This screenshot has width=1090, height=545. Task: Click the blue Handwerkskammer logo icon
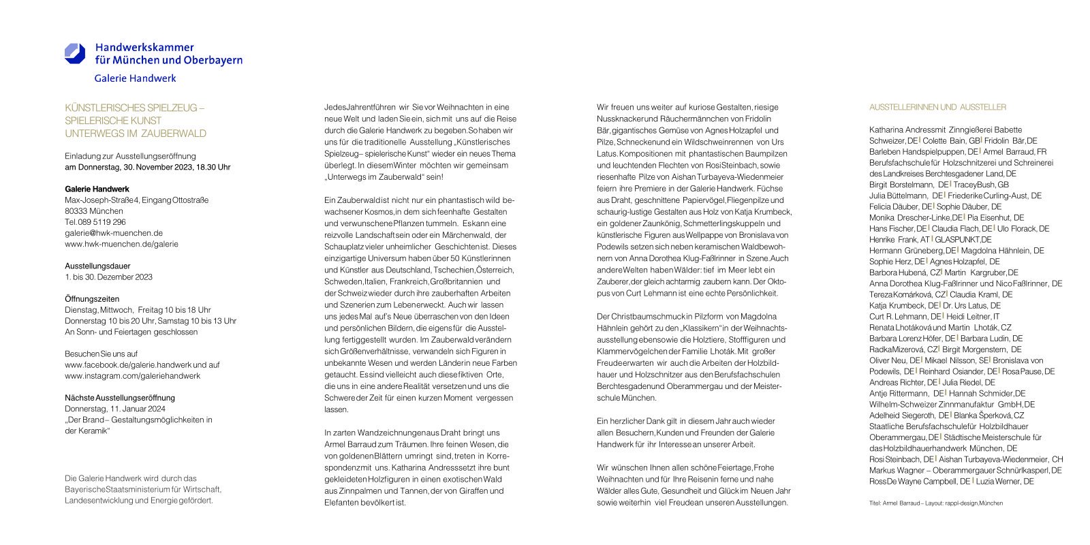[x=75, y=53]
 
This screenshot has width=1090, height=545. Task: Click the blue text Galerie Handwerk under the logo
[x=135, y=78]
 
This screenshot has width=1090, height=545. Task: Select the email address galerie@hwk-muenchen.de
[x=114, y=233]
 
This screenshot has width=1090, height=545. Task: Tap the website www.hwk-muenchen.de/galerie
[x=121, y=244]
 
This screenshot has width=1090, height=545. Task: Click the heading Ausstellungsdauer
[x=97, y=266]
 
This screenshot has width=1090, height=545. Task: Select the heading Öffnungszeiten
[x=92, y=299]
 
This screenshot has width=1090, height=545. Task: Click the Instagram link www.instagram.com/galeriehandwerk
[x=133, y=376]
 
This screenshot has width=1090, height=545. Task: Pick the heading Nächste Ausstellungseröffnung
[x=120, y=398]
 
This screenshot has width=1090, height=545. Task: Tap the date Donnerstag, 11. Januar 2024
[x=115, y=409]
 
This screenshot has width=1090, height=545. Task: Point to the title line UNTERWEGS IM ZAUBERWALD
[x=136, y=134]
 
